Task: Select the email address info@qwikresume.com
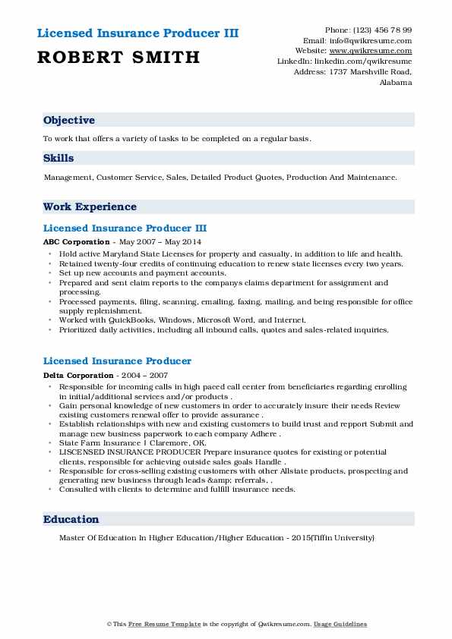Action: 378,40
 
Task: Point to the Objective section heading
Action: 69,120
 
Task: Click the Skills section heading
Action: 58,159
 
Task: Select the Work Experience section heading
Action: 90,206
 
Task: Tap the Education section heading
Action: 71,519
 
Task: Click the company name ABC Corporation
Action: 77,241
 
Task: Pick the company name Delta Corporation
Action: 78,375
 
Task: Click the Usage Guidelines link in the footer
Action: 341,624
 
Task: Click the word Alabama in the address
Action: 396,82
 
